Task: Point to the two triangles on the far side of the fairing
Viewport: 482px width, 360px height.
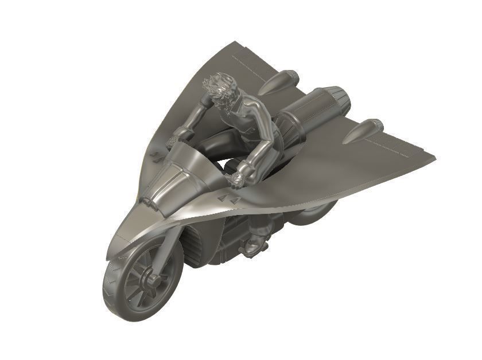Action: (156, 155)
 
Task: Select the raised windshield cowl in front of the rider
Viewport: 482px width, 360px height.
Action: (172, 172)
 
